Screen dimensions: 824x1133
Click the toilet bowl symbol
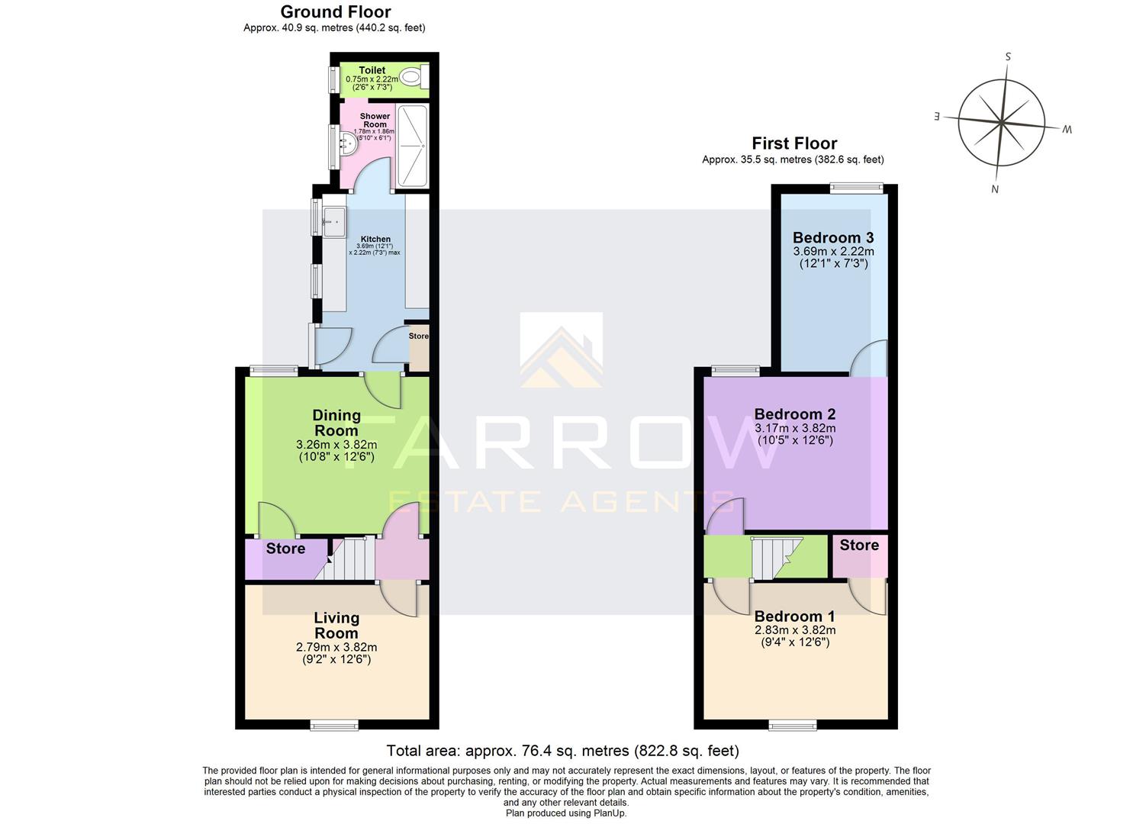pos(413,76)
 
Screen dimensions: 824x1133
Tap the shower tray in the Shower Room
pos(414,146)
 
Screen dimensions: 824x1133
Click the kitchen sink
pos(333,222)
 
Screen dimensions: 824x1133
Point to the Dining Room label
pos(336,423)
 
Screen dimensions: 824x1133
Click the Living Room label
pos(336,626)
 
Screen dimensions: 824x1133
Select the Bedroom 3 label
pos(833,237)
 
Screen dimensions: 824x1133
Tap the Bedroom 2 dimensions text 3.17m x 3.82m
pos(795,428)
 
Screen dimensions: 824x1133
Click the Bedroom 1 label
pos(794,616)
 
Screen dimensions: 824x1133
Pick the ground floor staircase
pos(353,559)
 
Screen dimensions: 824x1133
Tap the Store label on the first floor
pos(859,545)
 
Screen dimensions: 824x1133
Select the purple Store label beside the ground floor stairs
pos(285,549)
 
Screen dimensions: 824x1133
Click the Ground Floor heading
pos(335,12)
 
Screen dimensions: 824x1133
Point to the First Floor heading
pos(794,143)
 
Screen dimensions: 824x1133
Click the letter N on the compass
pos(994,189)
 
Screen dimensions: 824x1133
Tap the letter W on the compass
pos(1067,130)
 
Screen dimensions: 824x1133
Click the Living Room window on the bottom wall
pos(334,725)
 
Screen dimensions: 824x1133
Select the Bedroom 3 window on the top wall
pos(856,186)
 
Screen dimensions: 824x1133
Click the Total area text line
pos(562,751)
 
